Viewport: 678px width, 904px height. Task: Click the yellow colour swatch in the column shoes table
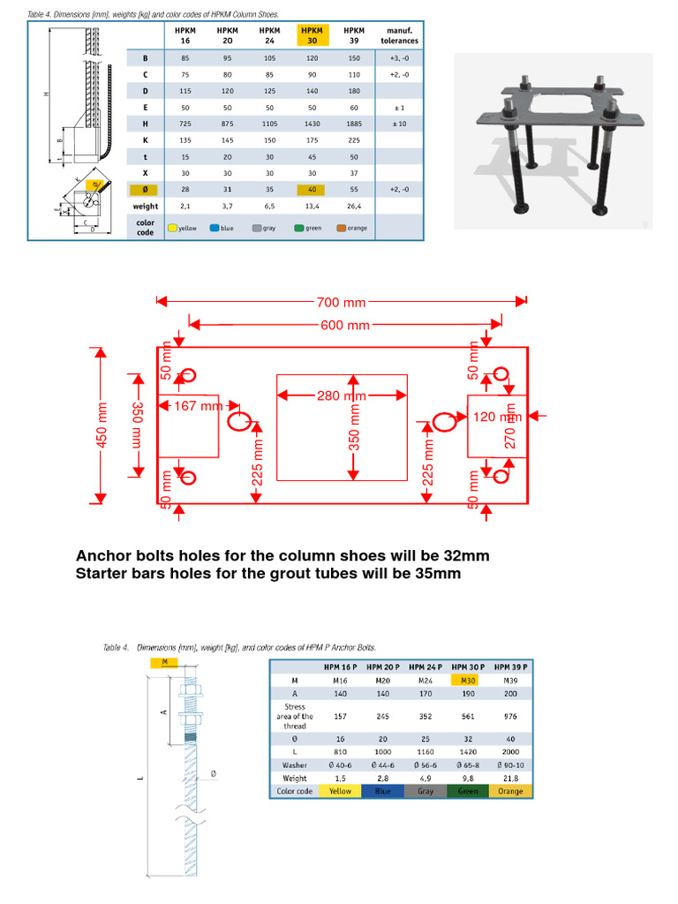pyautogui.click(x=173, y=228)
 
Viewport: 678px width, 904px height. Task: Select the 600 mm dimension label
pyautogui.click(x=344, y=326)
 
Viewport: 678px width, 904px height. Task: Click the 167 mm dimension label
pyautogui.click(x=198, y=406)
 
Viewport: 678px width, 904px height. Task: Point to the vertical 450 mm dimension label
pyautogui.click(x=102, y=425)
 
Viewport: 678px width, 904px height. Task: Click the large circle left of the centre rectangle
pyautogui.click(x=239, y=422)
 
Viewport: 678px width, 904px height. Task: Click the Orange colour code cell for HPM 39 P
pyautogui.click(x=509, y=791)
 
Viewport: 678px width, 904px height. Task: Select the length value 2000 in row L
pyautogui.click(x=509, y=751)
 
